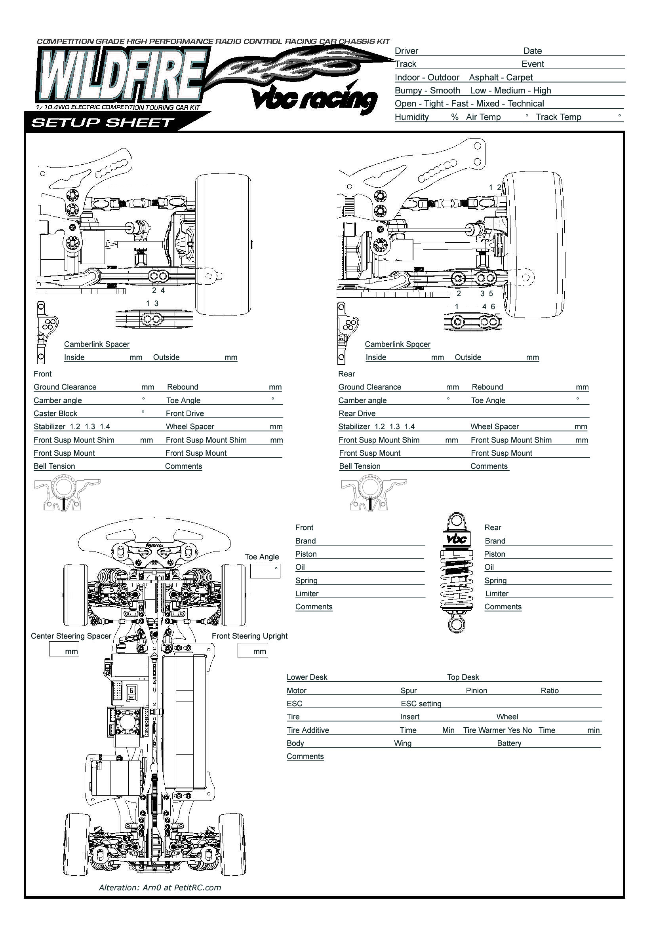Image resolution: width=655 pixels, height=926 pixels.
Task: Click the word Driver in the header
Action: (x=406, y=51)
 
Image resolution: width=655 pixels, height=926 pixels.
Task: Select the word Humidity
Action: (x=411, y=117)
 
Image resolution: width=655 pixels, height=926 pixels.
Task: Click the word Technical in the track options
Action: (x=526, y=104)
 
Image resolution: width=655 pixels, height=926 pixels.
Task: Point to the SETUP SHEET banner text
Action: (x=103, y=123)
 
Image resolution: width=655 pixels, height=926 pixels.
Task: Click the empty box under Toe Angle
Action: (x=265, y=571)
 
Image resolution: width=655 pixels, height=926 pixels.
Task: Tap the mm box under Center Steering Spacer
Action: (x=64, y=649)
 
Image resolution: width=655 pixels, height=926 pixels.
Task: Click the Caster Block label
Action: (x=55, y=413)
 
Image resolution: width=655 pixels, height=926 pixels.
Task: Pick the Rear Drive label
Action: (x=357, y=413)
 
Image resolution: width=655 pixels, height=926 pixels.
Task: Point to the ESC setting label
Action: (x=421, y=704)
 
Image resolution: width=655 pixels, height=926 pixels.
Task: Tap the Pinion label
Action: (x=476, y=690)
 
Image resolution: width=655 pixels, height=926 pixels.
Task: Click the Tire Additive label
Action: (x=308, y=730)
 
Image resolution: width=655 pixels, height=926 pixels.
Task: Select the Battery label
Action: (x=509, y=743)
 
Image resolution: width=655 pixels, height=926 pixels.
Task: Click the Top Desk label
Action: (x=463, y=677)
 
